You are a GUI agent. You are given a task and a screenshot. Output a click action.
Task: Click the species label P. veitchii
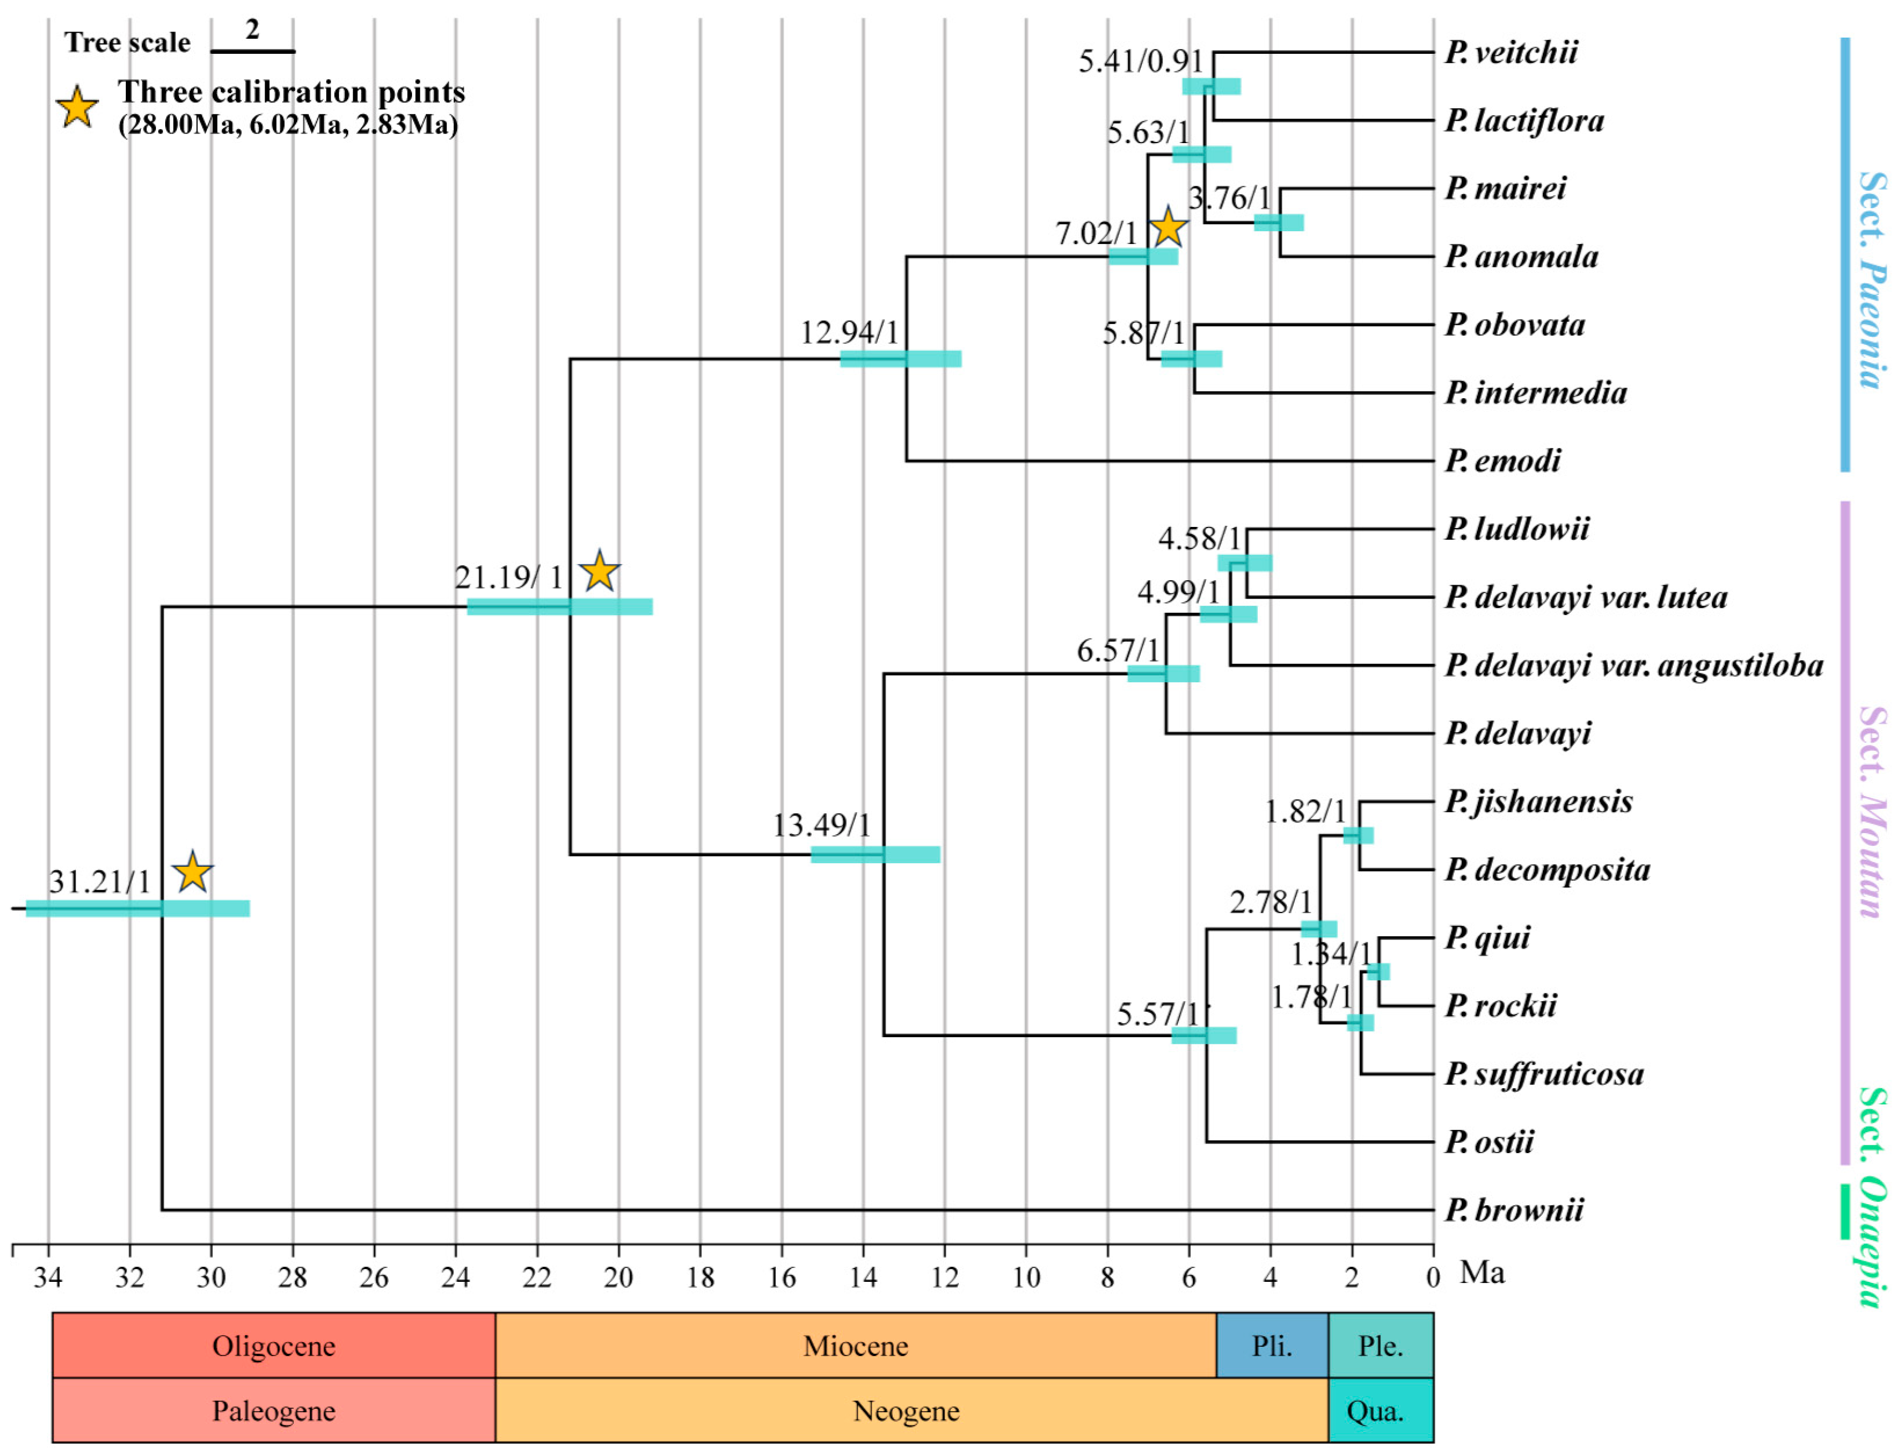pos(1510,52)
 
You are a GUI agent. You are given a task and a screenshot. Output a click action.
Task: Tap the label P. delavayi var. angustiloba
pos(1633,666)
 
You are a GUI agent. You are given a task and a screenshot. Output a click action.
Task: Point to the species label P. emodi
pos(1502,460)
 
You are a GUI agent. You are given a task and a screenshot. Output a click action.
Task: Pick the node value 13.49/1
pos(821,825)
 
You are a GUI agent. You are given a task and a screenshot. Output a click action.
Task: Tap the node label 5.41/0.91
pos(1140,62)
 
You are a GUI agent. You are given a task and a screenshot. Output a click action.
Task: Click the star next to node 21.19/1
pos(600,572)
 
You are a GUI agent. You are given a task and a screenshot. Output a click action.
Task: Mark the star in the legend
pos(77,108)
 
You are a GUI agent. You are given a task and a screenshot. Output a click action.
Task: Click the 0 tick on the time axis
pos(1433,1277)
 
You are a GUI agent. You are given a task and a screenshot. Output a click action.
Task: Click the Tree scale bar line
pos(253,51)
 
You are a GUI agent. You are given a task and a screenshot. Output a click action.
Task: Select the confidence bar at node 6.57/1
pos(1163,673)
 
